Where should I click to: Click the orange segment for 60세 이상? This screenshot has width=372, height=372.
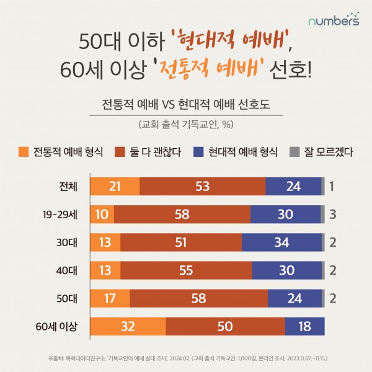click(x=128, y=326)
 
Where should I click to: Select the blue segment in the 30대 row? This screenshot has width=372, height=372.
click(x=281, y=242)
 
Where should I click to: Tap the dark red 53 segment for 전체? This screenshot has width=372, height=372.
click(x=203, y=186)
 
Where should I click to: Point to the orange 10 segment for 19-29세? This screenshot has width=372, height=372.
click(x=102, y=214)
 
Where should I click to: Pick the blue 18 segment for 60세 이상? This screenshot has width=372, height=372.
click(x=304, y=326)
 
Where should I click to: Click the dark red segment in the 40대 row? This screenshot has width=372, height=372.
click(x=186, y=270)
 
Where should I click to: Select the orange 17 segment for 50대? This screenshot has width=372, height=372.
click(x=110, y=298)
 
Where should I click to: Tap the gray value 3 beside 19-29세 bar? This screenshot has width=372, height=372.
click(x=332, y=214)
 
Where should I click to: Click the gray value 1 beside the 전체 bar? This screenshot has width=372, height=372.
click(x=332, y=186)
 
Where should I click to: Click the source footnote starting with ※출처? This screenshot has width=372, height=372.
click(x=186, y=358)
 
